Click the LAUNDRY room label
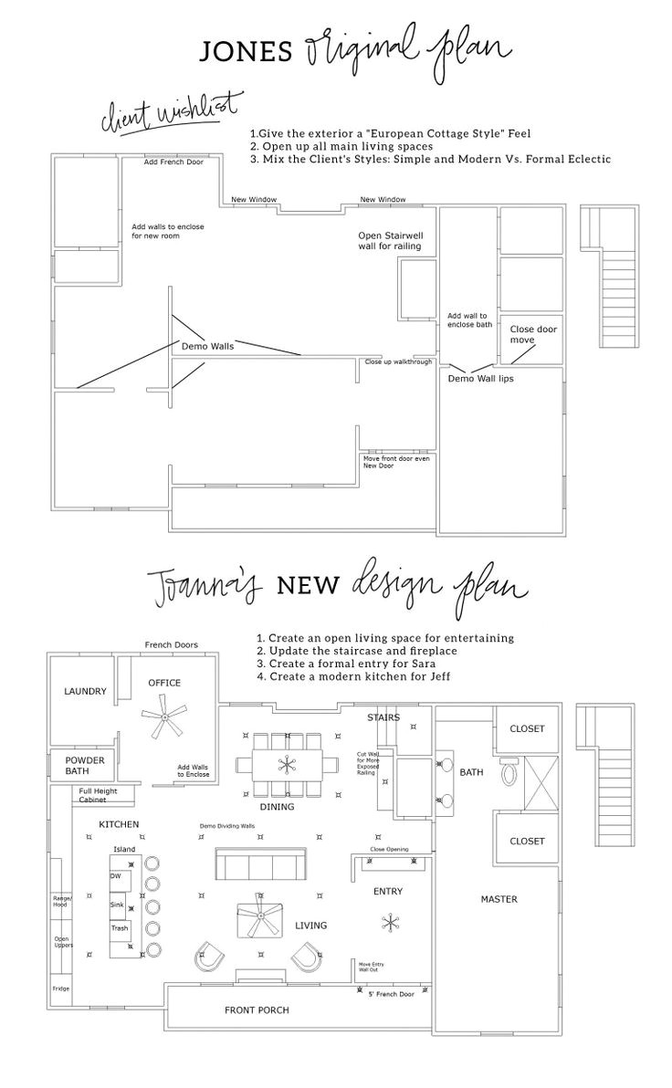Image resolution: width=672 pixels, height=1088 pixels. point(86,692)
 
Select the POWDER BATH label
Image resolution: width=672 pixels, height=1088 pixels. point(84,766)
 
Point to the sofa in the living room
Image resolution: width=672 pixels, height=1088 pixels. point(259,863)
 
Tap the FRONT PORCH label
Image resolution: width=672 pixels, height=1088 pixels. point(257,1010)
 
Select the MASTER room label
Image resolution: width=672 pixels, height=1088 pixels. point(499,899)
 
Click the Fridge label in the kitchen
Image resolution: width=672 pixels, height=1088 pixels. point(61,988)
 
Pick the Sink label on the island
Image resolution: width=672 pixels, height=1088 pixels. point(117,904)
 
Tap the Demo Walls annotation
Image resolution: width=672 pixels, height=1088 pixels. point(207,347)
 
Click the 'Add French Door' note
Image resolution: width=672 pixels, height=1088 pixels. point(173,162)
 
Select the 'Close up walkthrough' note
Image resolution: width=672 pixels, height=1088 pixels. point(398,362)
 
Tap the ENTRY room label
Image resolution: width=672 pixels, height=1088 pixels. point(388,891)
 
